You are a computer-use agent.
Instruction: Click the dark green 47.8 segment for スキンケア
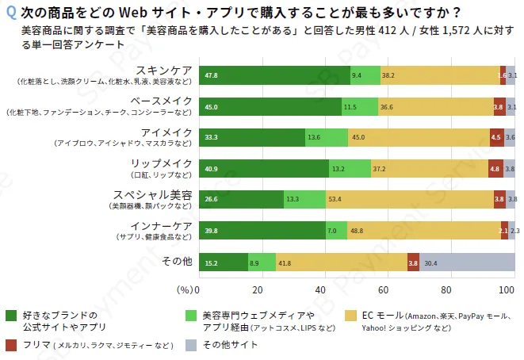click(273, 76)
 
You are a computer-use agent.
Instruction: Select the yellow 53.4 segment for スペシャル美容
click(409, 199)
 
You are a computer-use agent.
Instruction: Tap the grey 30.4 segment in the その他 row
click(467, 262)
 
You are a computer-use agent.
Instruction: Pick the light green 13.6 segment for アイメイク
click(326, 137)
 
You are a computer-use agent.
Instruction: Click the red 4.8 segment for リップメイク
click(495, 168)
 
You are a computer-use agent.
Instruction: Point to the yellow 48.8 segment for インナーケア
click(423, 231)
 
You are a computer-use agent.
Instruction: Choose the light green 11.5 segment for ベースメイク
click(359, 106)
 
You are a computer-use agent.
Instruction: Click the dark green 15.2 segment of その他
click(223, 262)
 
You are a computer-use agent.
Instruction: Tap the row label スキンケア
click(162, 70)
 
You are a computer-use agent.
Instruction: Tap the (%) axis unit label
click(184, 289)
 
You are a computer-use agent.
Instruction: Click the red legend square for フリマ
click(11, 345)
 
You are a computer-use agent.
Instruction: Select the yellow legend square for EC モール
click(351, 316)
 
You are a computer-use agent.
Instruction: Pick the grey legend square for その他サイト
click(189, 345)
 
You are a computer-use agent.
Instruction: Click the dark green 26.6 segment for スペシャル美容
click(241, 199)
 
